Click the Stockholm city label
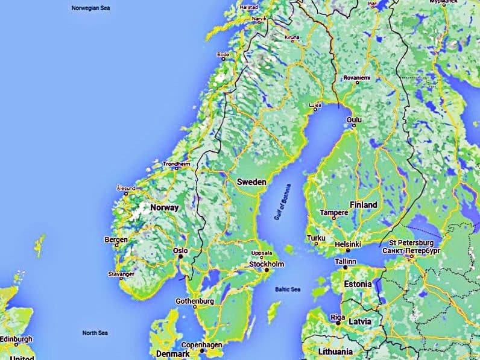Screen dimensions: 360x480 click(x=267, y=264)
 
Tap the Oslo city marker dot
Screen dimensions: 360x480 click(x=180, y=257)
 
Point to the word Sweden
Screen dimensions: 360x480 click(x=251, y=182)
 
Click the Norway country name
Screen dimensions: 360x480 click(x=165, y=207)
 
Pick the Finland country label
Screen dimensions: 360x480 click(x=363, y=204)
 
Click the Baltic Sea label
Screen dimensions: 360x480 click(x=287, y=289)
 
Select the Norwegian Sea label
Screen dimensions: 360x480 click(x=90, y=8)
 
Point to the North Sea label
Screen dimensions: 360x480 click(x=95, y=333)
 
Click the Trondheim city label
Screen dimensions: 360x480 click(x=176, y=163)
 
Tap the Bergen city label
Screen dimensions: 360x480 click(x=116, y=239)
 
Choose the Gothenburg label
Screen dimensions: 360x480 click(x=195, y=301)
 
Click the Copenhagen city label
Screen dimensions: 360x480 click(x=201, y=344)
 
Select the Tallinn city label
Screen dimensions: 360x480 click(x=346, y=261)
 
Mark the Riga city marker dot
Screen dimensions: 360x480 click(x=338, y=324)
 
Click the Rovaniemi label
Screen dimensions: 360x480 click(x=357, y=78)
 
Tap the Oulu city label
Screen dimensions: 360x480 click(x=355, y=120)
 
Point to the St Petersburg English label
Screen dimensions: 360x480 click(x=412, y=242)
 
